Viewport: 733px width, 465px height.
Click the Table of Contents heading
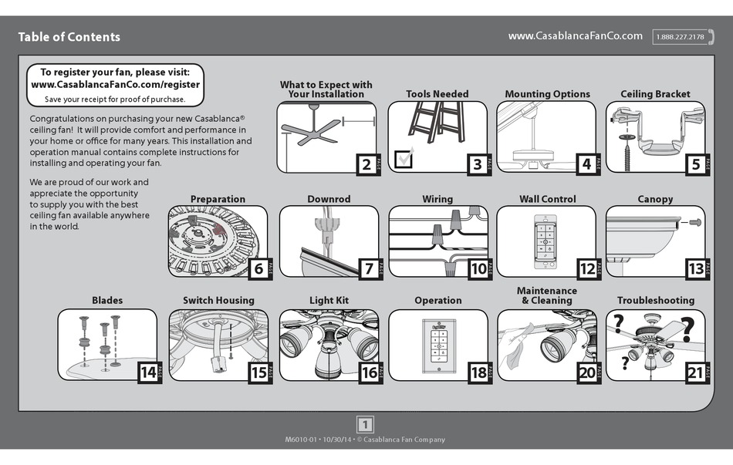[x=69, y=37]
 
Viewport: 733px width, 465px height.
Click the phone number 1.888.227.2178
[x=680, y=37]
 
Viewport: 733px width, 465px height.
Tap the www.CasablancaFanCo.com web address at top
[x=575, y=36]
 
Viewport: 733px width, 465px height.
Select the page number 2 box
[x=366, y=163]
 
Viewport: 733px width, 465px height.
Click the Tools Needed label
[x=437, y=94]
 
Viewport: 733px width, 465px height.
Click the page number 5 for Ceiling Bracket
[x=694, y=163]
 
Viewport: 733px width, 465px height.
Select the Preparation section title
[x=218, y=199]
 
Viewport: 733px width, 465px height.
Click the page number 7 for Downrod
[x=368, y=268]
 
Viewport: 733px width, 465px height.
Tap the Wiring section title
[x=437, y=199]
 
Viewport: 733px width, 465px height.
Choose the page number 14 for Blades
[x=147, y=372]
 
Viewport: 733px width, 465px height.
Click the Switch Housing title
[x=218, y=301]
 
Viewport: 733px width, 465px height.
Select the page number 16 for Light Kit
[x=368, y=372]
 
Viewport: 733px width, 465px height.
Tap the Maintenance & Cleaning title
[x=546, y=295]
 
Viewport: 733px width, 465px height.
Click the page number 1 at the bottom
[x=366, y=423]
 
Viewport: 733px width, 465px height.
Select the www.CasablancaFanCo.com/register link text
[x=116, y=85]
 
